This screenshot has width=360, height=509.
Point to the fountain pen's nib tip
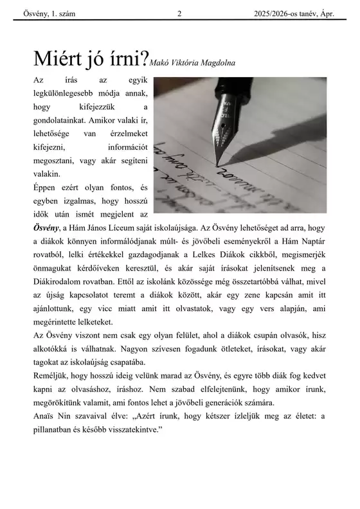[219, 165]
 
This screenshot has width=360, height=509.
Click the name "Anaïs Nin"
[53, 416]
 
